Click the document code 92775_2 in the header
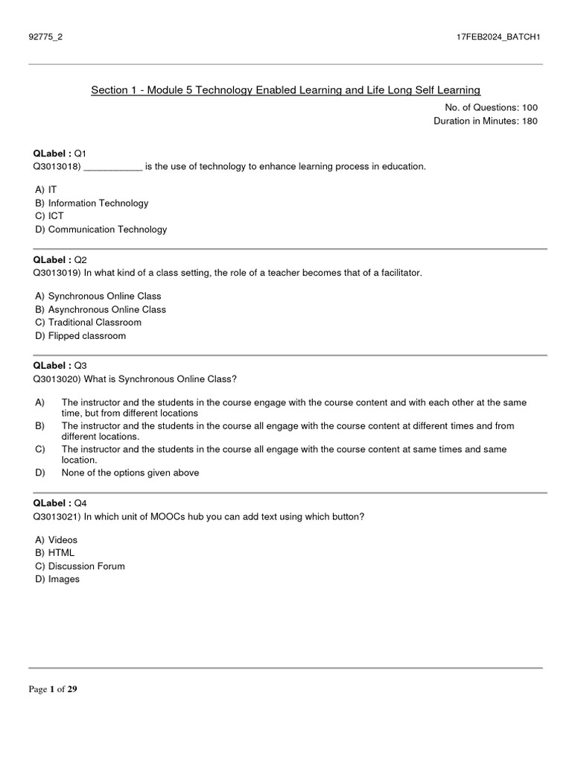pyautogui.click(x=45, y=38)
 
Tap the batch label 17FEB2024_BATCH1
pyautogui.click(x=498, y=38)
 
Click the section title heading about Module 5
pyautogui.click(x=285, y=90)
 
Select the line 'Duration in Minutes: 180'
pyautogui.click(x=485, y=121)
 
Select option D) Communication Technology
pyautogui.click(x=101, y=229)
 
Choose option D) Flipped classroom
pyautogui.click(x=80, y=336)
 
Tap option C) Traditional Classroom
pyautogui.click(x=87, y=323)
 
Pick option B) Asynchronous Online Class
pyautogui.click(x=100, y=309)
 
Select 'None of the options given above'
pyautogui.click(x=130, y=473)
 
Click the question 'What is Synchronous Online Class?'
pyautogui.click(x=160, y=379)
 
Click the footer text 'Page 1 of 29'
pyautogui.click(x=53, y=689)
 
